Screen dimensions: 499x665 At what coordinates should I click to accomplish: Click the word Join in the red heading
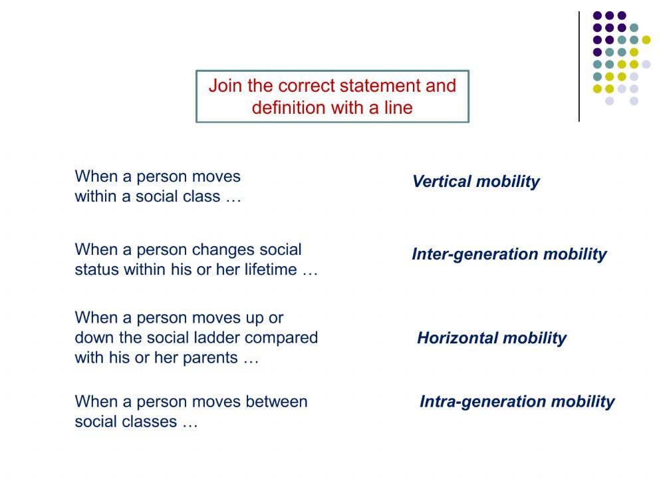[x=225, y=86]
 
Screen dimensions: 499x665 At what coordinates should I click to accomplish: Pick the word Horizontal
[x=454, y=338]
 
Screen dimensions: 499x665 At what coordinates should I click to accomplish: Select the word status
[x=96, y=270]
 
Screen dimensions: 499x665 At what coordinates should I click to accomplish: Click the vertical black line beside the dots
[x=579, y=67]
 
